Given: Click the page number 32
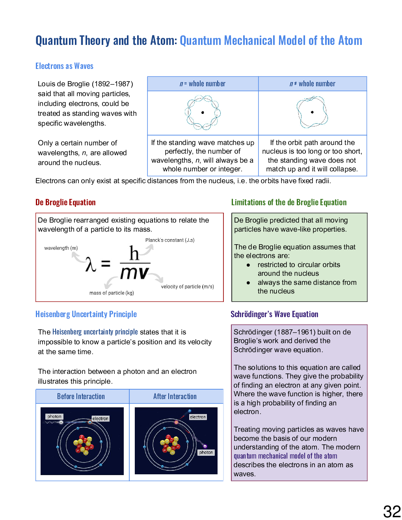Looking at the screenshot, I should [x=392, y=511].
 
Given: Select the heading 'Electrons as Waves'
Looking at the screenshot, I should [x=64, y=66].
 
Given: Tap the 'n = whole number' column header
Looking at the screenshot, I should [x=203, y=84].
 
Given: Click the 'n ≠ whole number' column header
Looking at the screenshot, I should [x=312, y=84].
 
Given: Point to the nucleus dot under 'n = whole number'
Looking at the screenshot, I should [x=203, y=113].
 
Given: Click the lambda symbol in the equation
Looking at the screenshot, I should [x=91, y=264].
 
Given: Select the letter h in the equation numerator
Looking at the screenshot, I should [x=134, y=253].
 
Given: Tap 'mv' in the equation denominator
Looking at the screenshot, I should [x=134, y=273].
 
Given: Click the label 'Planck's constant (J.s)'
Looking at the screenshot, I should [x=169, y=240].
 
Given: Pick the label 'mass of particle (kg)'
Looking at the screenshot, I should [x=112, y=293].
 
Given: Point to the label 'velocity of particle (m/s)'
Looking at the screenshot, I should [x=187, y=286].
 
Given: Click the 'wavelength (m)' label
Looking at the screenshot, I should [x=61, y=248].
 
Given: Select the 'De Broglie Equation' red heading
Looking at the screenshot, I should [x=65, y=202].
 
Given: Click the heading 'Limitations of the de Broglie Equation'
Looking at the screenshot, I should [x=289, y=202].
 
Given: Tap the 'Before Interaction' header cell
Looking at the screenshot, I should [x=81, y=396].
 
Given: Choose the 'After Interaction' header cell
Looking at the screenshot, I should [x=175, y=396].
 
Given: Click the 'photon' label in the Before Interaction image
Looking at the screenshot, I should [x=54, y=416].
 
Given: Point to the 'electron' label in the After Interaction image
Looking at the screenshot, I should [x=197, y=417].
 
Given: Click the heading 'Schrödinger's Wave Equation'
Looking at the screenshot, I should [x=274, y=314].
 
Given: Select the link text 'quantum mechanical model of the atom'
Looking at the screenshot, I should [x=285, y=456].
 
